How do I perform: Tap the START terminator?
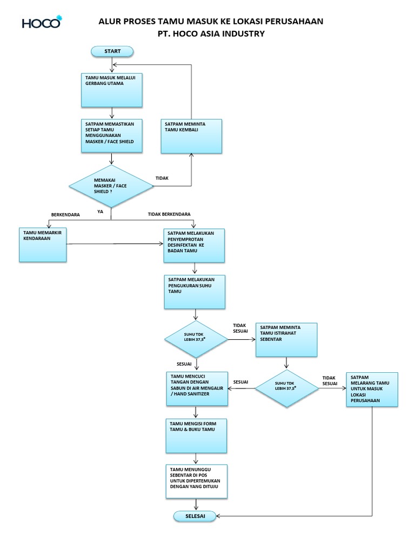112,51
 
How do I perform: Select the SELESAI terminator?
195,516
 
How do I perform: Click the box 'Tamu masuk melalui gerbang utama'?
111,90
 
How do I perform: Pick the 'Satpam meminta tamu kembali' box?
191,136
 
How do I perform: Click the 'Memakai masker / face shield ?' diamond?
111,186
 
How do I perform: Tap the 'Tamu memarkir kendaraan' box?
43,245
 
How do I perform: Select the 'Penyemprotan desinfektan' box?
194,246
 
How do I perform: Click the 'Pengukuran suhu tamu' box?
195,292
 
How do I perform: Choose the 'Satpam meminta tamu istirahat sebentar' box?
286,340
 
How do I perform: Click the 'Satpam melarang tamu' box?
372,390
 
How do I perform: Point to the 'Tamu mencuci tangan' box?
197,388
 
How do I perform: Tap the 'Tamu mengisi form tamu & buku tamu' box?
196,436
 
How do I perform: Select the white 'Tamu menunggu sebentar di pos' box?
197,482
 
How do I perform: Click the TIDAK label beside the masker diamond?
162,178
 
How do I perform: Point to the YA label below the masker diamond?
100,212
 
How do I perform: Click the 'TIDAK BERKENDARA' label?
169,214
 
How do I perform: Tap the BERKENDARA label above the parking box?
65,214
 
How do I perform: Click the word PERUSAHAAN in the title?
294,21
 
